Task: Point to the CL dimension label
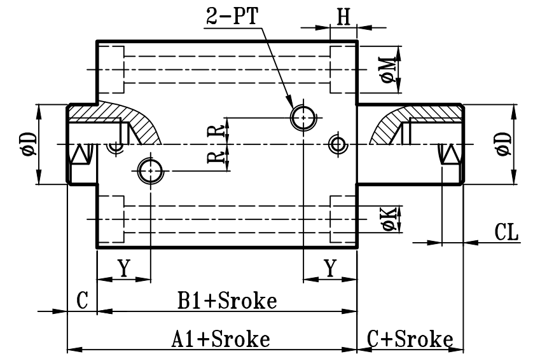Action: pos(507,232)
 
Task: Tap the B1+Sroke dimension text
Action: pos(226,301)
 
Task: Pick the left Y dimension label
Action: pos(123,269)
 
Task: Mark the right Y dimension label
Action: pos(330,269)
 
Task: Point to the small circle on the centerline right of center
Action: pos(337,144)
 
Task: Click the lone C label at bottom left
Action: pos(82,301)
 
